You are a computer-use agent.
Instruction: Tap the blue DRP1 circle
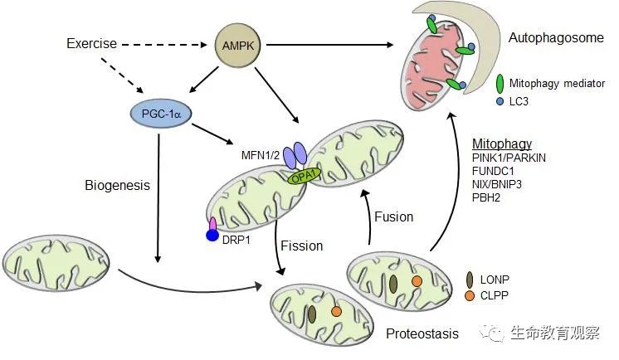click(x=213, y=236)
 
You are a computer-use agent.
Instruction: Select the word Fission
click(x=302, y=246)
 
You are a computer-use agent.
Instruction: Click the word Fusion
click(x=392, y=217)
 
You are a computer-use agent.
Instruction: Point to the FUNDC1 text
click(x=494, y=172)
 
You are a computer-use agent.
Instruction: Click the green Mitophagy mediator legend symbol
click(x=500, y=84)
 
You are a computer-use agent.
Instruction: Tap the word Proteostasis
click(x=422, y=333)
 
